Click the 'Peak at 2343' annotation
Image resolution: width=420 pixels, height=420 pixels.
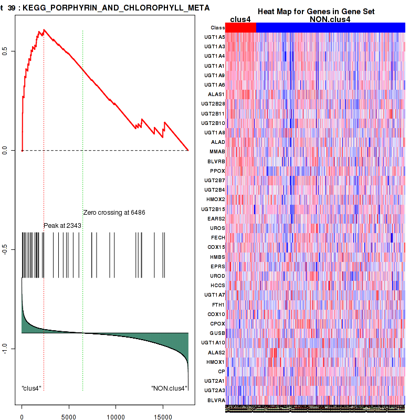point(62,225)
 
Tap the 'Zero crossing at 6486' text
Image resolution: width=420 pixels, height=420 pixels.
point(114,213)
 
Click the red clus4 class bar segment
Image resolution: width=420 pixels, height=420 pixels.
point(241,28)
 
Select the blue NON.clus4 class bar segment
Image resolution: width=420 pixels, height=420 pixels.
point(330,28)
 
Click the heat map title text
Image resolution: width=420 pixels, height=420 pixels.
point(316,12)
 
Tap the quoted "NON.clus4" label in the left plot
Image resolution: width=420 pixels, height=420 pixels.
point(169,388)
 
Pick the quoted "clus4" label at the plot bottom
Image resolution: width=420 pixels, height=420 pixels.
point(31,388)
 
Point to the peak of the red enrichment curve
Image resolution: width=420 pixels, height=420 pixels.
point(44,30)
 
